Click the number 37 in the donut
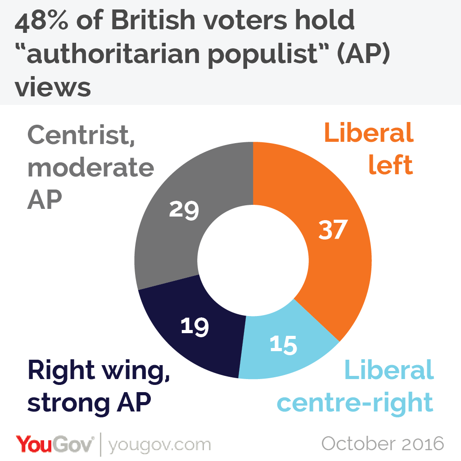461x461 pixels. coord(333,230)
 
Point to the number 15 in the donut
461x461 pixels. coord(284,344)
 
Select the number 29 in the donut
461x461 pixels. coord(184,209)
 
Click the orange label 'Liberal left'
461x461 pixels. coord(368,149)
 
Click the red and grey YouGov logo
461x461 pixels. coord(55,444)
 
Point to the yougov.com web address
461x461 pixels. coord(159,445)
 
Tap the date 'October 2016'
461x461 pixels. coord(383,444)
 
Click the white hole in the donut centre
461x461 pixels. coord(253,260)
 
